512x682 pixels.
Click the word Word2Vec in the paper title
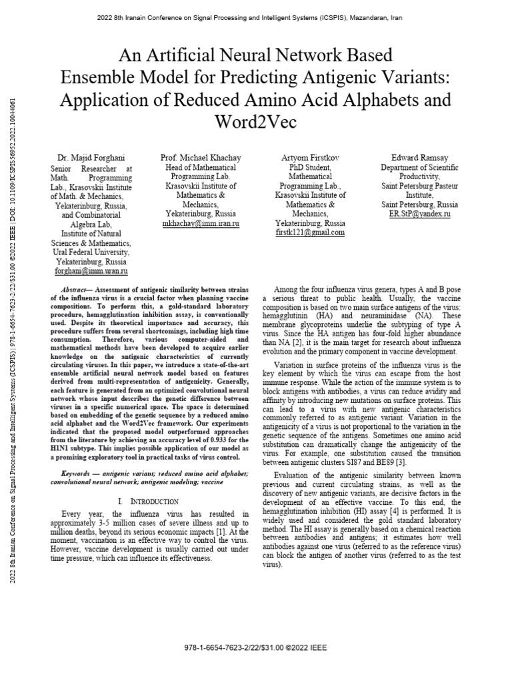click(x=255, y=123)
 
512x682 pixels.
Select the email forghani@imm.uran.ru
click(x=91, y=272)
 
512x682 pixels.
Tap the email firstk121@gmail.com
click(x=310, y=233)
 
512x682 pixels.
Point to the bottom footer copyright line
click(x=255, y=647)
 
